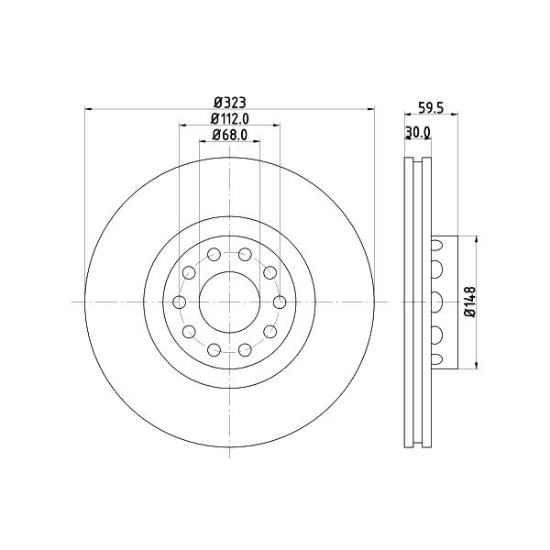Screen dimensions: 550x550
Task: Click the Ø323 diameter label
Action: (x=230, y=103)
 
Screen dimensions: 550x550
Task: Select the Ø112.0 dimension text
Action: (x=230, y=119)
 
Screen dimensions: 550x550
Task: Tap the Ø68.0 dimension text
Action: (x=230, y=135)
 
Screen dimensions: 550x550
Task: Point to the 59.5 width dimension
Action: (x=431, y=108)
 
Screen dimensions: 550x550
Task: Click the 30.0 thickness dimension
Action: (x=418, y=132)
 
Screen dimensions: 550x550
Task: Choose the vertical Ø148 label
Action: (x=470, y=302)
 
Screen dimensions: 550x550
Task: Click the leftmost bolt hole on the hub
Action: (x=180, y=302)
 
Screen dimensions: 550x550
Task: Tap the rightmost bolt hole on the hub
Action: (x=280, y=302)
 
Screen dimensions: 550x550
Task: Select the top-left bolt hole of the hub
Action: (x=214, y=254)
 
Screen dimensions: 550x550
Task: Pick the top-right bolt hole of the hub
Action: (x=245, y=254)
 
